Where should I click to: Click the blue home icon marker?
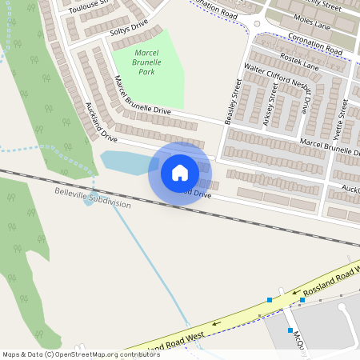click(180, 173)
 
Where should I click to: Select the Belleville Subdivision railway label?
click(93, 198)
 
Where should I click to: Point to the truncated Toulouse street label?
click(89, 8)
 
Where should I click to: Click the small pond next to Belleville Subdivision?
click(88, 201)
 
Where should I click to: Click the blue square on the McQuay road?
click(290, 329)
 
